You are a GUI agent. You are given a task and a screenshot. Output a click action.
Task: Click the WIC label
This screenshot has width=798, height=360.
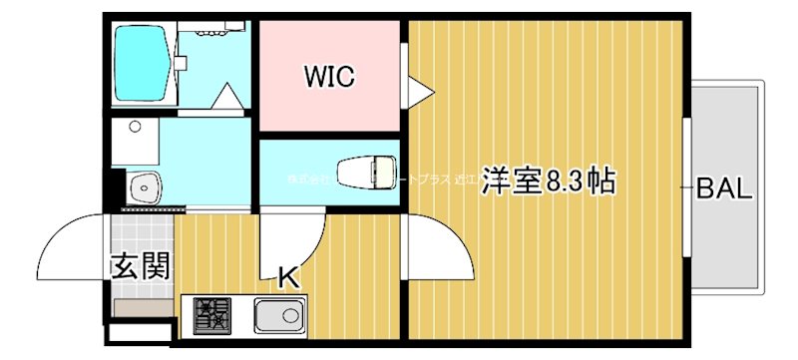330,77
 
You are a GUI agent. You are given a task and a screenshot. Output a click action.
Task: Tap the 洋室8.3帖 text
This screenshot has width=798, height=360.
548,182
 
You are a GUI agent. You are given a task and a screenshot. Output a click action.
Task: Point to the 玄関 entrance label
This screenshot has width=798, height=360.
139,266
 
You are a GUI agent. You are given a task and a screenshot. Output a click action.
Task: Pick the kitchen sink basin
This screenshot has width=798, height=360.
280,318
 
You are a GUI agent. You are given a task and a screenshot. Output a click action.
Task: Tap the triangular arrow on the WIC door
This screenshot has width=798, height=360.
420,91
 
